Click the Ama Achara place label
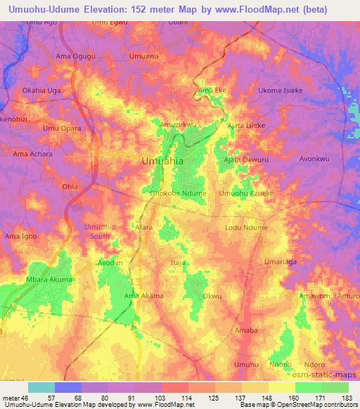33,152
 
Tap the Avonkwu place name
314,158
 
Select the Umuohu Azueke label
245,193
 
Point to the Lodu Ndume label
246,228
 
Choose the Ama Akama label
143,295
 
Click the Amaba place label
246,329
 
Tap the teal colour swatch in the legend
41,387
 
